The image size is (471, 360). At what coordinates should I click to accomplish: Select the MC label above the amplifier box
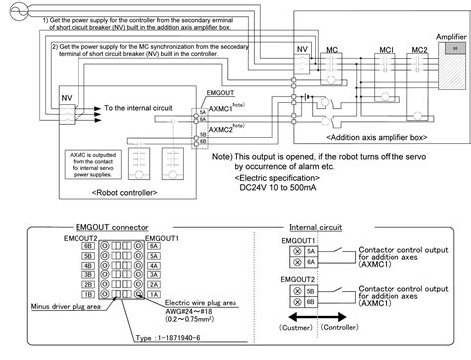tap(333, 48)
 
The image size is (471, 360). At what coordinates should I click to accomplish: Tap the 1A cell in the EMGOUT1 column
tap(153, 295)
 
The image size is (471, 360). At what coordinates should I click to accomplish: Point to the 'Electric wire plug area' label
tap(202, 301)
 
